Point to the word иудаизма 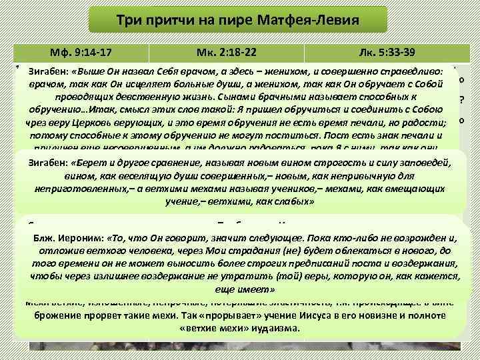point(271,329)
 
